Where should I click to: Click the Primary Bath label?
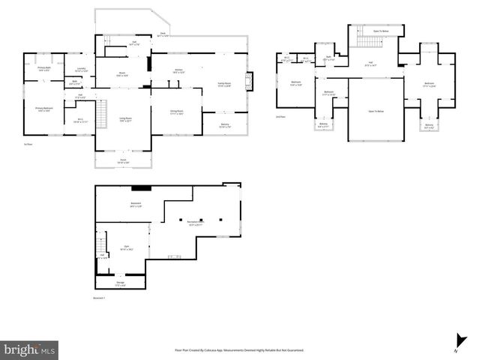pyautogui.click(x=43, y=69)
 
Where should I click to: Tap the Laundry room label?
pyautogui.click(x=80, y=70)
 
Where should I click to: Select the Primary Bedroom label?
pyautogui.click(x=44, y=109)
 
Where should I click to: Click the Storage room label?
pyautogui.click(x=120, y=283)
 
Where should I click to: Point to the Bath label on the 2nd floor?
pyautogui.click(x=328, y=58)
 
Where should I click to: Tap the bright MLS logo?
pyautogui.click(x=29, y=349)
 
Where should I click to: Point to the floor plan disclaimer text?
pyautogui.click(x=238, y=350)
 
